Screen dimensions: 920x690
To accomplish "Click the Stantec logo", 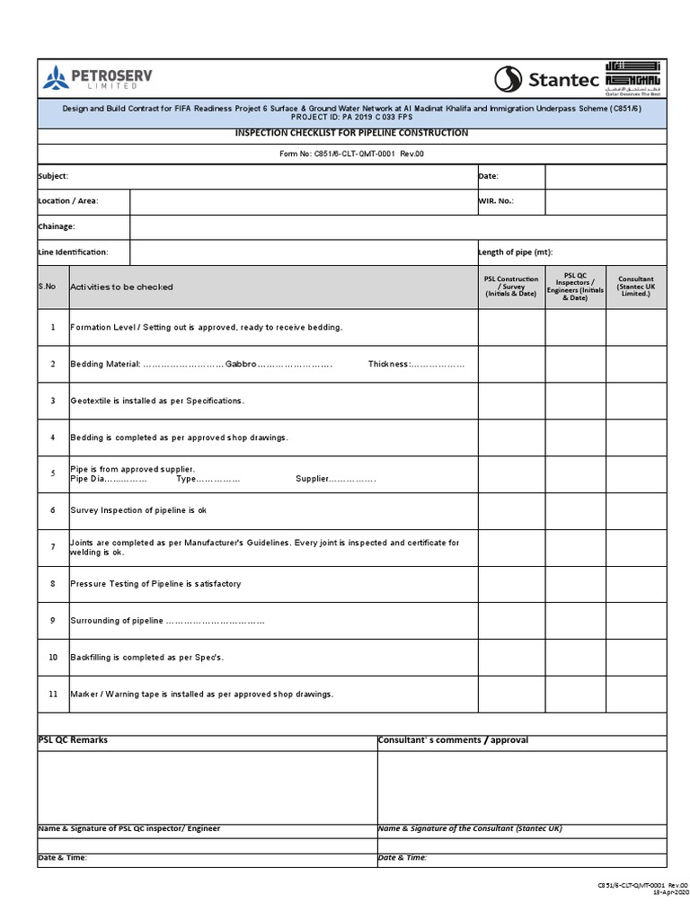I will pyautogui.click(x=547, y=79).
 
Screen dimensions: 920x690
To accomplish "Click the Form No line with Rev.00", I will pyautogui.click(x=351, y=154).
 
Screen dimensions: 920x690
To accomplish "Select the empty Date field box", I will pyautogui.click(x=605, y=177).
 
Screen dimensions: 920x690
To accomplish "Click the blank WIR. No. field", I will pyautogui.click(x=605, y=201).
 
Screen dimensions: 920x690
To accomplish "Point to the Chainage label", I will pyautogui.click(x=57, y=226).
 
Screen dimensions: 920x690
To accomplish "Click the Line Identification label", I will pyautogui.click(x=73, y=252).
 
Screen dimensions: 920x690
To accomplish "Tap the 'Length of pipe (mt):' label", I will pyautogui.click(x=515, y=252).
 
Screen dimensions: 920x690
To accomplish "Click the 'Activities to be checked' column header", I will pyautogui.click(x=121, y=287).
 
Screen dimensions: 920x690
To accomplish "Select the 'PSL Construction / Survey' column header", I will pyautogui.click(x=510, y=287).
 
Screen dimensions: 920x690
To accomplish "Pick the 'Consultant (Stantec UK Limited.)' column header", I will pyautogui.click(x=635, y=287).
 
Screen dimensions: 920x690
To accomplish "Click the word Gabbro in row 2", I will pyautogui.click(x=241, y=364).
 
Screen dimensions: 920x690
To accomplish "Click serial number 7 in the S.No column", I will pyautogui.click(x=53, y=546).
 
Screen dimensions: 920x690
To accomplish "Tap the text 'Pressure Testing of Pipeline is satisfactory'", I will pyautogui.click(x=155, y=584).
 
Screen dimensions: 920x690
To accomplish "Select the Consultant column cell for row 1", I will pyautogui.click(x=635, y=327).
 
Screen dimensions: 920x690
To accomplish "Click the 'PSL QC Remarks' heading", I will pyautogui.click(x=73, y=740).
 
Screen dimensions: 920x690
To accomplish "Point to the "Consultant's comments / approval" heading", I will pyautogui.click(x=453, y=740).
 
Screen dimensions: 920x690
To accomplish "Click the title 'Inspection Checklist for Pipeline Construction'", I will pyautogui.click(x=351, y=133).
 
